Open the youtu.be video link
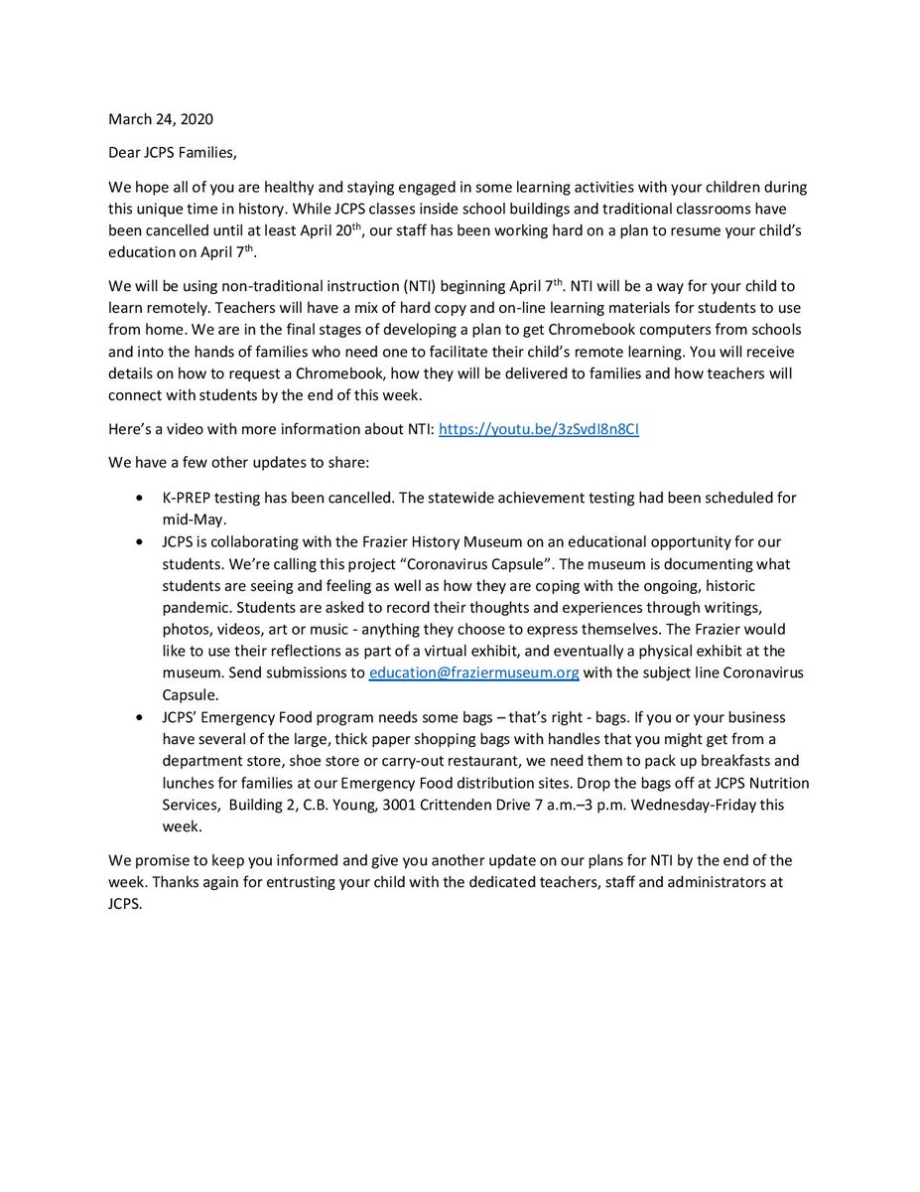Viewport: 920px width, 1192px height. coord(546,429)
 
